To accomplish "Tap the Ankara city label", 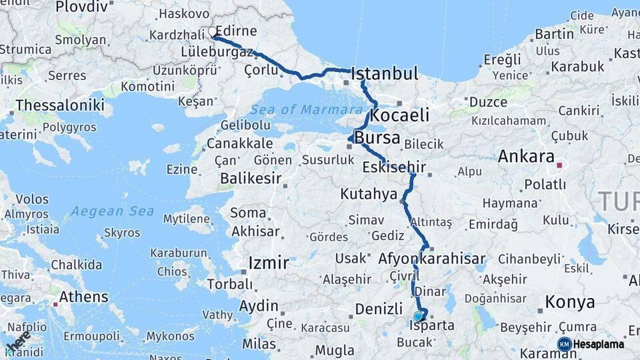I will coord(526,157).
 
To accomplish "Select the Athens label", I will coord(83,297).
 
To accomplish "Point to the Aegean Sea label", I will coord(113,211).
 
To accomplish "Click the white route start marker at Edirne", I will coord(212,31).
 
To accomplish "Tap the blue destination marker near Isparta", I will coord(418,316).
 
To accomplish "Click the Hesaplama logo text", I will coord(598,344).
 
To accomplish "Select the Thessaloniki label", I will coord(59,105).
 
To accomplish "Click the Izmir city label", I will coord(269,263).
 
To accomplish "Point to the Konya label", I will coord(570,302).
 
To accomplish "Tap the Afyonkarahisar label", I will coord(431,258).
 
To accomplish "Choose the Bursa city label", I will coord(377,138).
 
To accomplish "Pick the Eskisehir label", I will coord(394,167).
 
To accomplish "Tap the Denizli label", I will coord(379,309).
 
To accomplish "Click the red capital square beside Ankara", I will coord(559,165).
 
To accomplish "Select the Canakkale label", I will coord(239,143).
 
